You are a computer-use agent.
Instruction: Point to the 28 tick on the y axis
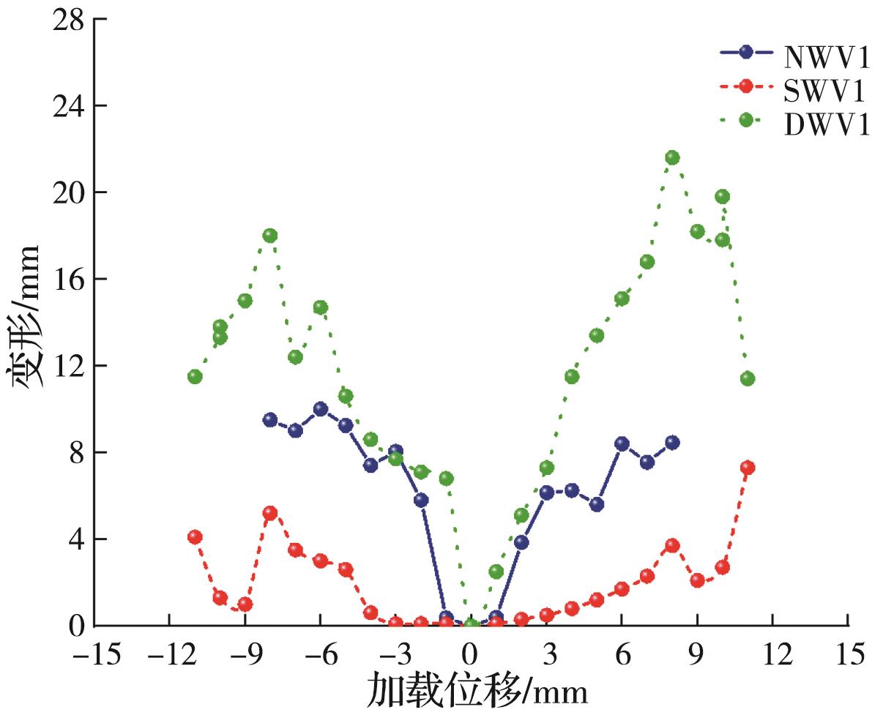point(67,20)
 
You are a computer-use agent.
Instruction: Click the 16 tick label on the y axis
point(67,280)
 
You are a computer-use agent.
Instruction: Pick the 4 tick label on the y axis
point(76,539)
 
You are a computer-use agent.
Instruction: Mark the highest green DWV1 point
point(672,158)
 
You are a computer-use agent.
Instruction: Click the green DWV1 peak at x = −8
point(270,236)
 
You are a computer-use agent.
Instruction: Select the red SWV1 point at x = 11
point(748,468)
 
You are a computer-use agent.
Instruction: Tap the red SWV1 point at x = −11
point(195,537)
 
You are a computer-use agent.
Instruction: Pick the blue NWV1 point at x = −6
point(320,409)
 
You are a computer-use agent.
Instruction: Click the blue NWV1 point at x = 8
point(672,442)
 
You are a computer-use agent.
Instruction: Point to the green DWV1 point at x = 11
point(748,378)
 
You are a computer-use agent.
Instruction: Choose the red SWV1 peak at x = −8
point(270,513)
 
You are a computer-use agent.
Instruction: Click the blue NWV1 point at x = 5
point(597,504)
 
